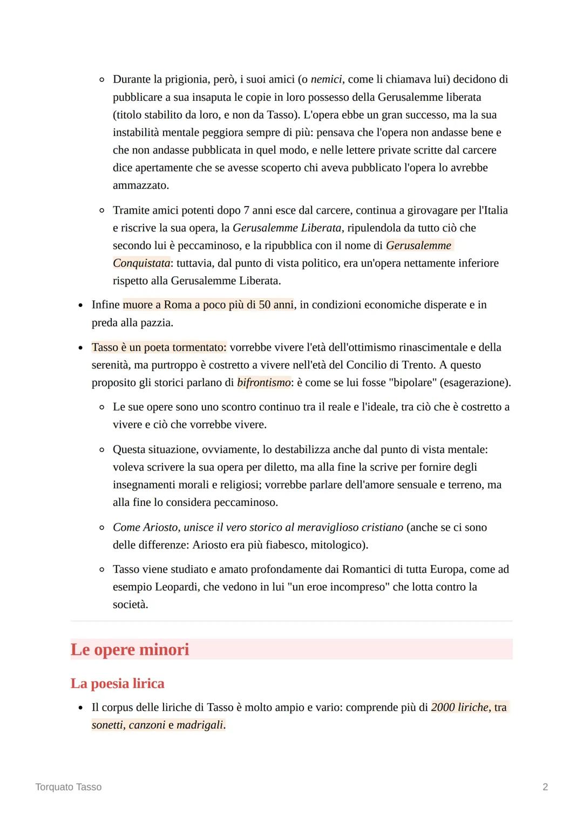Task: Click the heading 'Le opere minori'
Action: point(130,649)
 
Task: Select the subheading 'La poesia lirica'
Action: point(117,683)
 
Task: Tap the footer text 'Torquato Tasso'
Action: point(68,787)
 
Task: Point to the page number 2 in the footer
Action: point(545,787)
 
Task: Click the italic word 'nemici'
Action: point(326,79)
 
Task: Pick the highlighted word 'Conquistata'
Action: point(141,263)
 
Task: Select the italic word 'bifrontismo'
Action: point(263,382)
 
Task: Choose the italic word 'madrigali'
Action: point(200,725)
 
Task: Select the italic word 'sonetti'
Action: point(107,725)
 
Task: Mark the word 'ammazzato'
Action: point(140,186)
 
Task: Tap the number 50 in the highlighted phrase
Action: point(265,305)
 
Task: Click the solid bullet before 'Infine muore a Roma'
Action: point(80,305)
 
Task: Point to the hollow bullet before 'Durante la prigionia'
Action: point(101,80)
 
